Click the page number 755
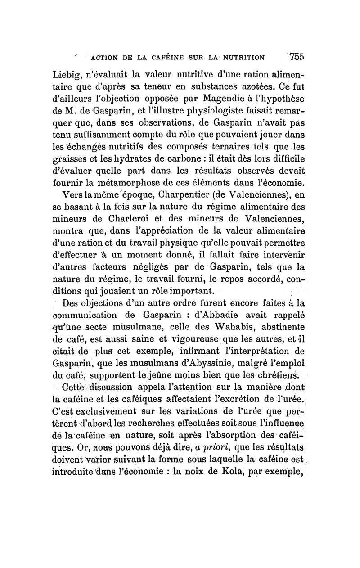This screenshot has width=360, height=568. click(x=297, y=57)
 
